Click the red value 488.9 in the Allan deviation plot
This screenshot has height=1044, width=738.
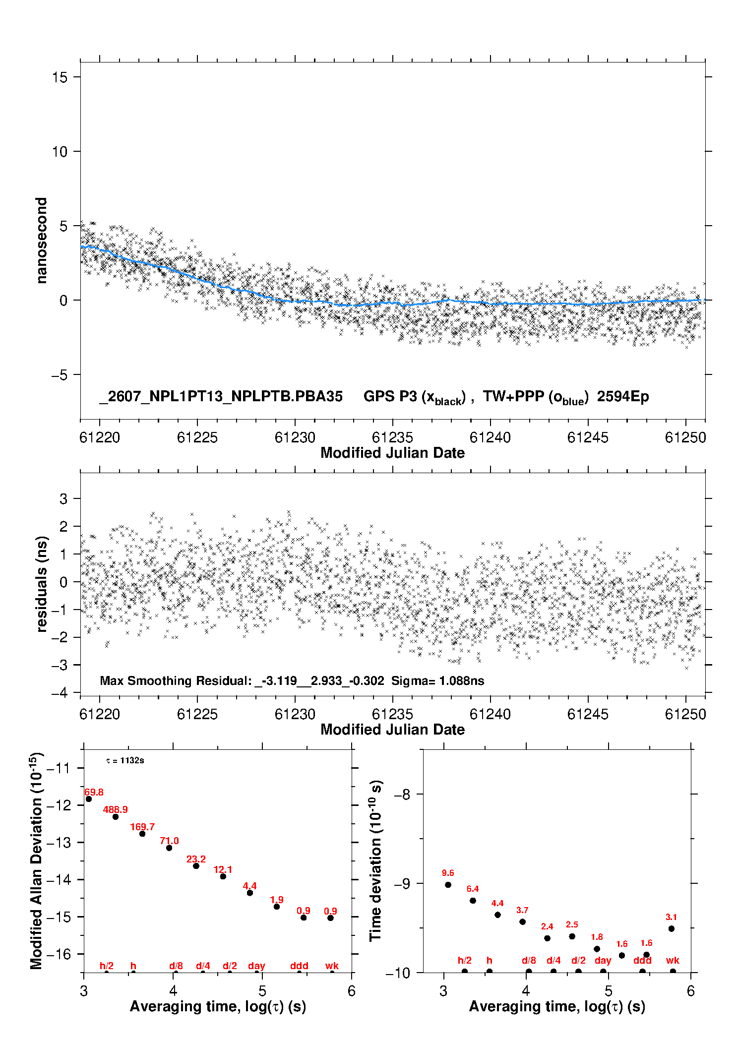pos(115,809)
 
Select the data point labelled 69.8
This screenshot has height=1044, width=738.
pos(89,799)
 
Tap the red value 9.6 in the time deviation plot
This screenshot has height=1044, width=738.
pos(448,873)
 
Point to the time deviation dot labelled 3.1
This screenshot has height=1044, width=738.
pos(672,928)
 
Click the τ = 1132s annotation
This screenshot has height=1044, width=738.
pos(125,760)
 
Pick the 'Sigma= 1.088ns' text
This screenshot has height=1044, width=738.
pos(437,680)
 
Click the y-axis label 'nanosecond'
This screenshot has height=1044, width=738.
pos(41,241)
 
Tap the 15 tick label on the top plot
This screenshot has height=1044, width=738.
pos(60,77)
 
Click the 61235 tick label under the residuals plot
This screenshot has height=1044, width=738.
pos(392,714)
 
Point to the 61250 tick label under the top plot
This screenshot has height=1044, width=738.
pos(685,437)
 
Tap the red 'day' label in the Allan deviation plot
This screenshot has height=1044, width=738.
pos(256,966)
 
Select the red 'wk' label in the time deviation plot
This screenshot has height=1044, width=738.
pos(673,961)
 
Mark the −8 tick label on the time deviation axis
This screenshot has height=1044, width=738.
pos(402,795)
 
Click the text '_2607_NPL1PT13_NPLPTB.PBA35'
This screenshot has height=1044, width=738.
pos(221,396)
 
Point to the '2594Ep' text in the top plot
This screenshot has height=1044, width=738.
pos(623,397)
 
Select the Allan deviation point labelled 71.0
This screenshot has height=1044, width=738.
pos(169,848)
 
